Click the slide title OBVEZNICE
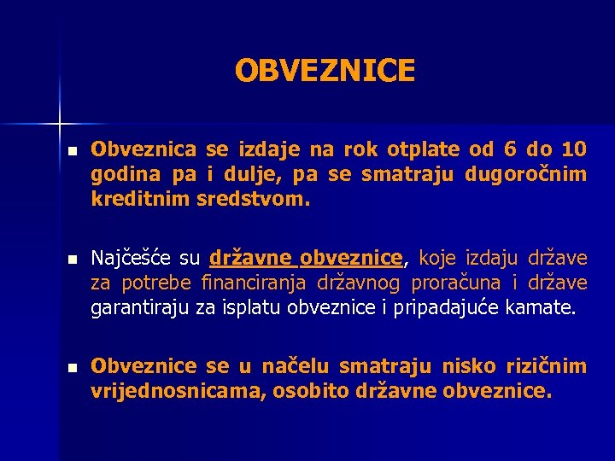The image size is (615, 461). (325, 71)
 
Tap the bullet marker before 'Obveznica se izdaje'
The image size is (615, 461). (73, 151)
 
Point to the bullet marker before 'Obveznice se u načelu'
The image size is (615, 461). (73, 368)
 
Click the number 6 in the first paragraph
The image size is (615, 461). (510, 150)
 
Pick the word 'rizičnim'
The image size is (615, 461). (547, 367)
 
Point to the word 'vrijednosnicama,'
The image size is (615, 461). (161, 393)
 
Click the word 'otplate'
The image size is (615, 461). (422, 150)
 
